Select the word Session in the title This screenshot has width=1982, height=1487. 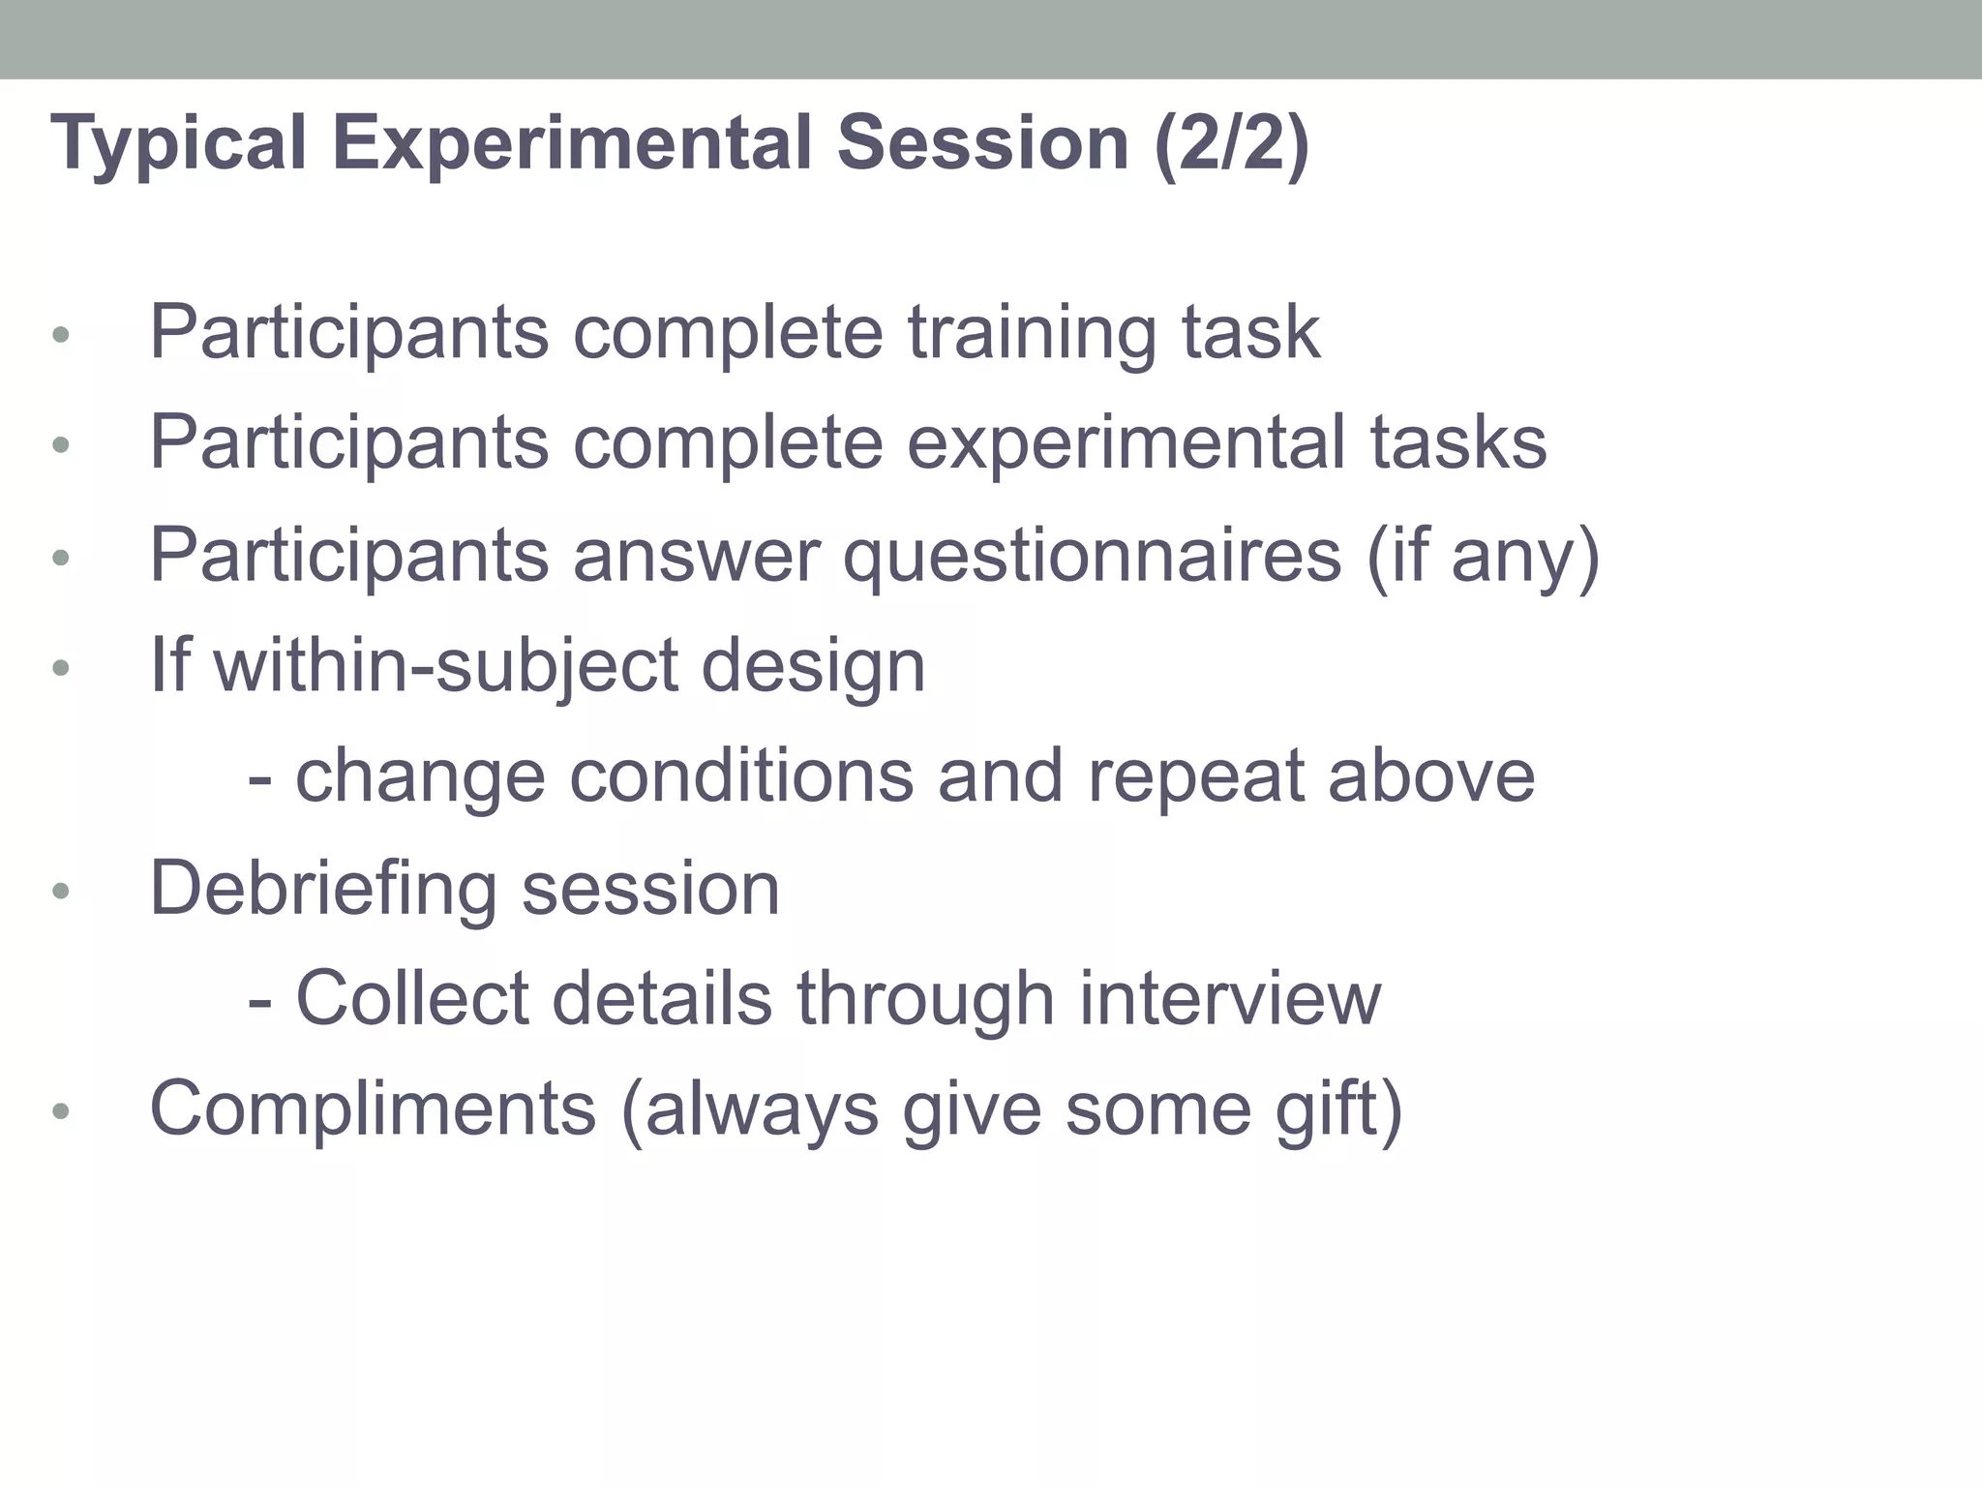pos(982,143)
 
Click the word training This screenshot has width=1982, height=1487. pos(1032,335)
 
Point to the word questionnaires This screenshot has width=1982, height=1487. pos(1093,557)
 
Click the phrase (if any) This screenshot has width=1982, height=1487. pos(1483,557)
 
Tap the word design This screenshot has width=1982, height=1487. pos(813,668)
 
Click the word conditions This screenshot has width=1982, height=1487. pos(741,776)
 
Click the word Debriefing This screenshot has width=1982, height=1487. pos(323,889)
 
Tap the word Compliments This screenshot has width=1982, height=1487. pos(373,1108)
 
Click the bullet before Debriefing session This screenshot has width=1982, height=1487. pos(61,891)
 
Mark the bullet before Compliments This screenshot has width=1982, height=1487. pos(61,1111)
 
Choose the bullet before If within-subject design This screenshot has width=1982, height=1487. pos(61,668)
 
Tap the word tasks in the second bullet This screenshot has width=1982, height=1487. pos(1457,443)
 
